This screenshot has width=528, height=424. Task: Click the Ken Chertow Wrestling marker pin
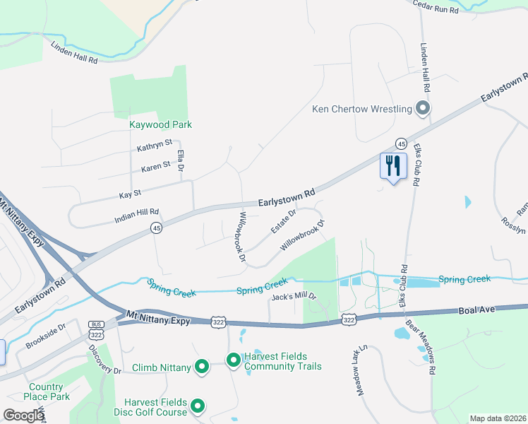coord(423,109)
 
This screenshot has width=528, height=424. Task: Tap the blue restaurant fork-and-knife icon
coord(390,167)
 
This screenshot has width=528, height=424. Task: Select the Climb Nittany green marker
coord(201,367)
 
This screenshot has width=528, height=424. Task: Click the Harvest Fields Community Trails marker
coord(233,360)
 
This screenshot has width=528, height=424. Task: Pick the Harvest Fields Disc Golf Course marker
coord(198,406)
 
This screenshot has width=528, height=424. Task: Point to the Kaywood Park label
coord(160,124)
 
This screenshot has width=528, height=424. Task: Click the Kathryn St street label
coord(155,143)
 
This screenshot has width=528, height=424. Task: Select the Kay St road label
coord(131,192)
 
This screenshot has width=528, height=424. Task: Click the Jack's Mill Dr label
coord(293,297)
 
